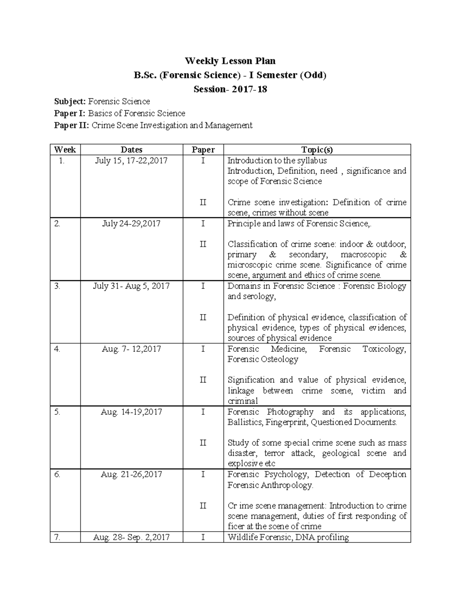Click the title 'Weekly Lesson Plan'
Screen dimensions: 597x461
pos(230,61)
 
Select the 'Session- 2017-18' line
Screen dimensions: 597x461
pos(230,89)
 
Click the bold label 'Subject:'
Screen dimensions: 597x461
pos(70,101)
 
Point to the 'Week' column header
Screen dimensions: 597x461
pos(65,150)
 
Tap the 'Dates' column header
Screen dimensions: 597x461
pos(131,150)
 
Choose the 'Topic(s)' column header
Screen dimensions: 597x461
pos(317,150)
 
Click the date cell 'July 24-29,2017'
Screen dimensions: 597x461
pos(131,224)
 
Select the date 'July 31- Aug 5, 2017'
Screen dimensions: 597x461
pos(131,286)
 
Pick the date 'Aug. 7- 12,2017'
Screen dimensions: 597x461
pos(131,349)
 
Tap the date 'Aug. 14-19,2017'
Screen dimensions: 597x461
pos(131,412)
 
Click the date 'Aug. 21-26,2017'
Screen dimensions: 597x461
pos(131,475)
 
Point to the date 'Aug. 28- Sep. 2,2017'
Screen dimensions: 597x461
pos(131,537)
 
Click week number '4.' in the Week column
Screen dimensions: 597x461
pos(57,349)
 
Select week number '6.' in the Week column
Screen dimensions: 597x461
pos(57,475)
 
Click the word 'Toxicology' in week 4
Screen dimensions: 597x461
pos(384,349)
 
